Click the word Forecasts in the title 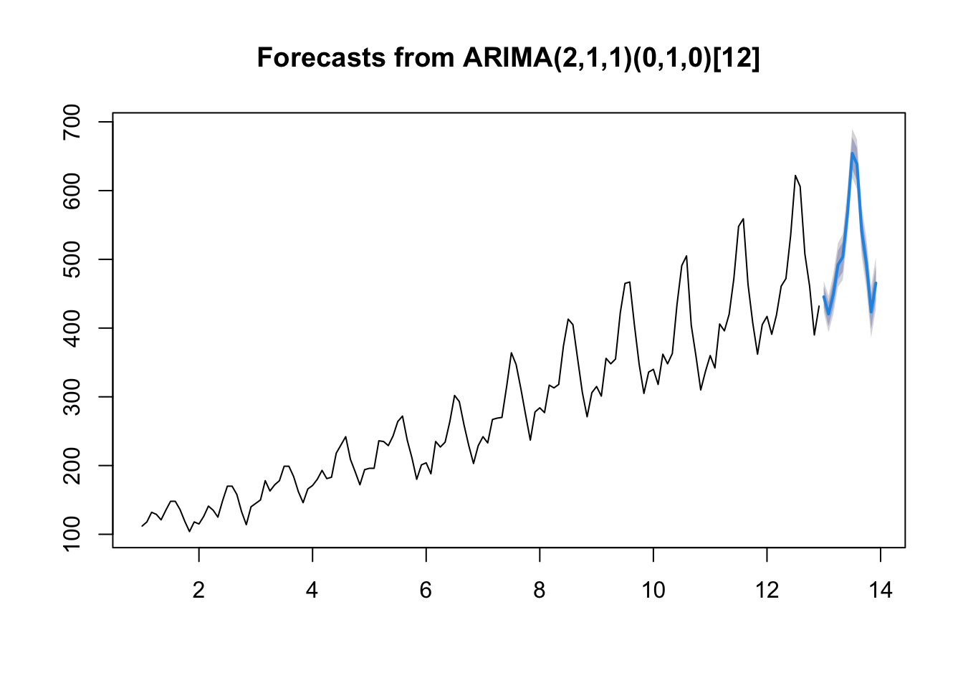click(321, 57)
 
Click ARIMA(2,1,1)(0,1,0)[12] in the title click(611, 58)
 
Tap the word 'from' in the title click(424, 57)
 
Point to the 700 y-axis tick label click(72, 122)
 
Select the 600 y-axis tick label click(72, 191)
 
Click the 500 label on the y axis click(72, 259)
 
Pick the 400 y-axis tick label click(72, 328)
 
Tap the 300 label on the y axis click(72, 397)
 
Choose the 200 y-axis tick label click(72, 466)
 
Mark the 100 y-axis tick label click(72, 534)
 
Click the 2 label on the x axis click(198, 591)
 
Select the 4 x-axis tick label click(312, 591)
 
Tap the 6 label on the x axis click(426, 591)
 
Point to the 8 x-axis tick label click(540, 591)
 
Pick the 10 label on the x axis click(653, 591)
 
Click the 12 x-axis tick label click(767, 591)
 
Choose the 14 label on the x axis click(881, 591)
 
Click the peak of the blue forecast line click(852, 153)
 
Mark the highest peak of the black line click(795, 176)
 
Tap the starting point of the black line click(142, 526)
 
